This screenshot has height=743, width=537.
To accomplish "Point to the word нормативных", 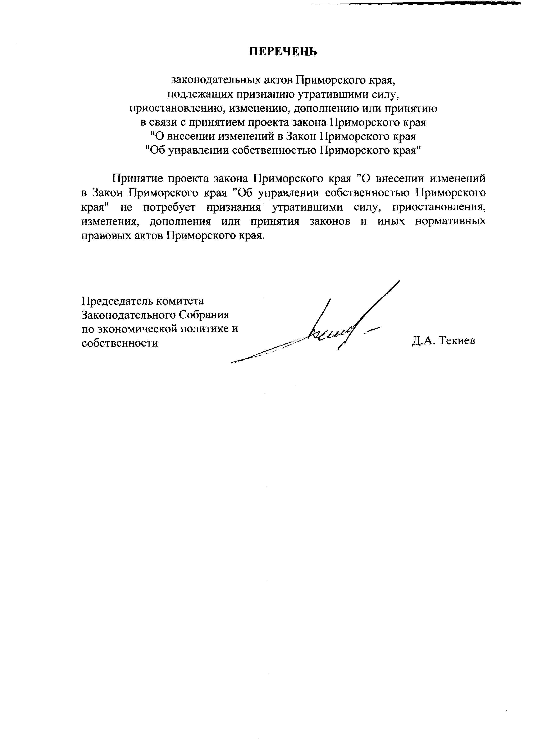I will (450, 221).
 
